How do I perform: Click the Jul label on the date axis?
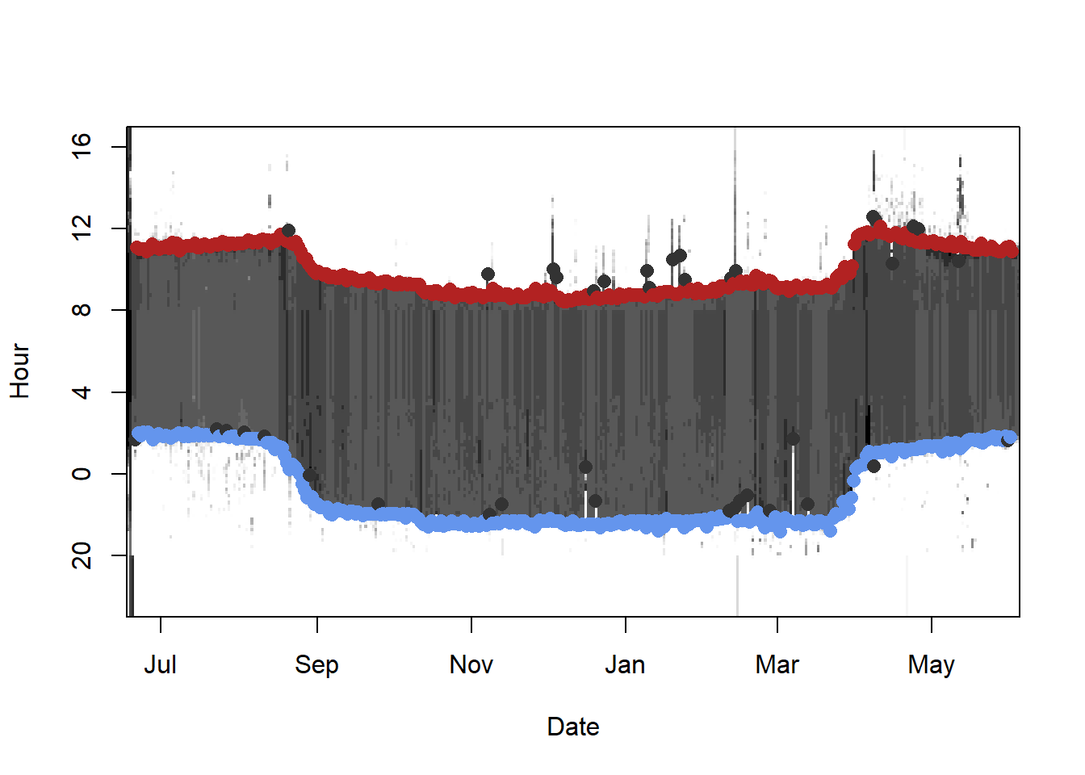click(x=160, y=665)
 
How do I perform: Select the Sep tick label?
click(x=316, y=665)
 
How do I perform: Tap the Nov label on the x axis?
click(x=471, y=665)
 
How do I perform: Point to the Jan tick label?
click(x=625, y=665)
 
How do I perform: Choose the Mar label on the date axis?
click(x=777, y=665)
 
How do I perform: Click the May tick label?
click(x=931, y=665)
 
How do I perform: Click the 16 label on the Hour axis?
click(x=82, y=147)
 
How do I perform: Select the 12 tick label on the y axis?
click(x=82, y=228)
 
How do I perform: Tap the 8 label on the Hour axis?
click(x=82, y=310)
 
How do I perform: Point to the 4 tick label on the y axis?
click(x=82, y=392)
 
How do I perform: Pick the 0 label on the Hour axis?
click(x=82, y=474)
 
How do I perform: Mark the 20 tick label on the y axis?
click(x=82, y=555)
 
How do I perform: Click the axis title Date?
click(x=573, y=727)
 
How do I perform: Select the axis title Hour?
click(x=19, y=371)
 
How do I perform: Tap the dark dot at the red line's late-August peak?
click(x=288, y=230)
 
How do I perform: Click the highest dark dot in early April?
click(x=873, y=217)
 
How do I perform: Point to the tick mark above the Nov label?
click(x=471, y=624)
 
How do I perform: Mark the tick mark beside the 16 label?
click(x=119, y=147)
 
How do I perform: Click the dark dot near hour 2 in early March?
click(x=793, y=438)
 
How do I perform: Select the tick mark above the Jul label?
click(x=161, y=624)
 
